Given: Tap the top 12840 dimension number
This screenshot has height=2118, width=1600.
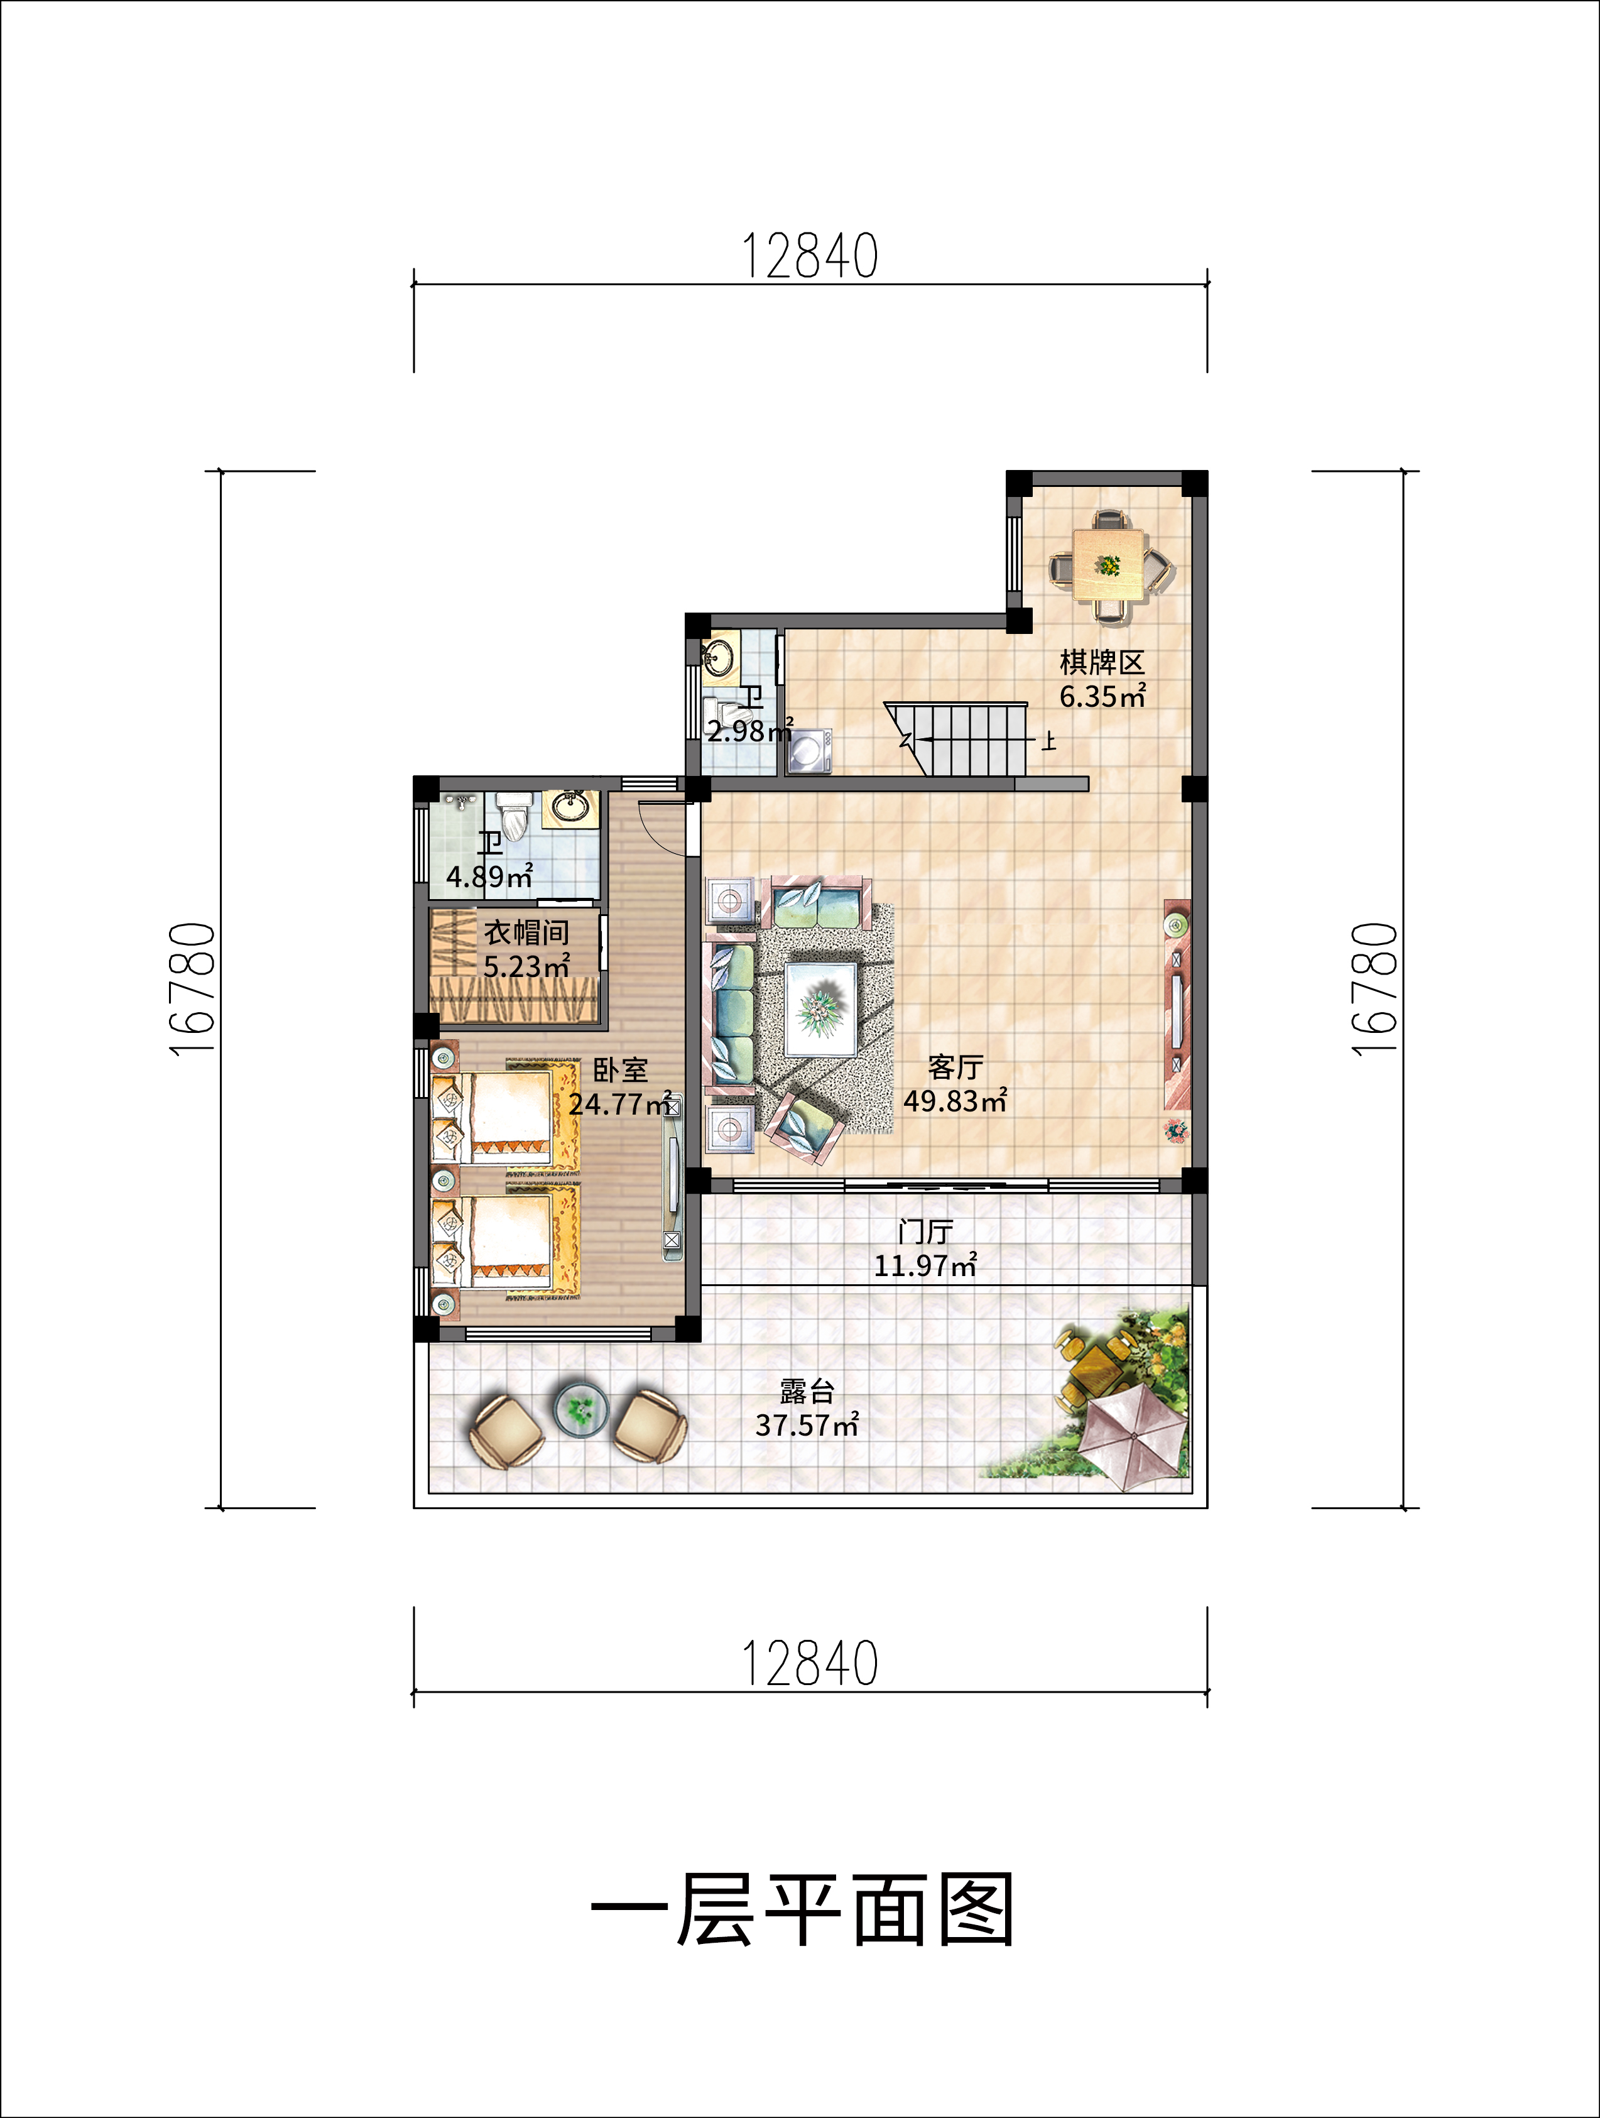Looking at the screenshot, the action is pos(810,256).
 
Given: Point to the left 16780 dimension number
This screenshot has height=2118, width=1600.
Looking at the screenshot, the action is pos(192,988).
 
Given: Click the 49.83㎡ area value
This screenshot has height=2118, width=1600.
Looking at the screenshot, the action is pos(955,1100).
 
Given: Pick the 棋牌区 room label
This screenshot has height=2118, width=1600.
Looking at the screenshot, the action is pos(1101,662).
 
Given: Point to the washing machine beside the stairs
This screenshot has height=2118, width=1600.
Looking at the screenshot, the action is pos(810,751).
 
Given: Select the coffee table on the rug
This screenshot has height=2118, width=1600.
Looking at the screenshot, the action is pos(820,1008).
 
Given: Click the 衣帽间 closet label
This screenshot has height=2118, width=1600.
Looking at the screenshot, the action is pos(526,932).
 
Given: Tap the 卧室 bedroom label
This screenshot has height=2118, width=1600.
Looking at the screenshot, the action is pos(621,1069).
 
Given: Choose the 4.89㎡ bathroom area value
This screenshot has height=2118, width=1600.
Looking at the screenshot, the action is pos(489,876).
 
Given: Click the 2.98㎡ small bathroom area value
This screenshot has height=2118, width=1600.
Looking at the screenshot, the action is pos(749,731).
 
